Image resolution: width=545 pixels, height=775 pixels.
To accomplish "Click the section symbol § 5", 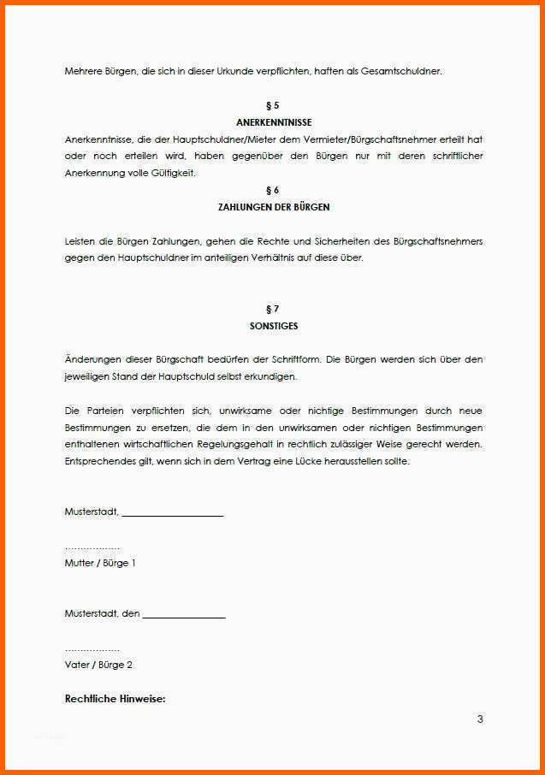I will (x=273, y=105).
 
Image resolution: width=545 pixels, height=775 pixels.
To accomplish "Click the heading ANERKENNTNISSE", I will (x=273, y=122).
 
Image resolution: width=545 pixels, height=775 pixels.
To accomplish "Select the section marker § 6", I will (x=273, y=190).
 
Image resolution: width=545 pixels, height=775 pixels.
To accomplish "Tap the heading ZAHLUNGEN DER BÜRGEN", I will (x=273, y=207).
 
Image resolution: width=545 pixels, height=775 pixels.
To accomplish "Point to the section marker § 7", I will (x=273, y=309).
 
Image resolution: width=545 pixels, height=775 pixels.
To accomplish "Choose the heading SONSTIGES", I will (x=273, y=326).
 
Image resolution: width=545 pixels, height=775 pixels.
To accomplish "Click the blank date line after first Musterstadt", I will (x=172, y=514).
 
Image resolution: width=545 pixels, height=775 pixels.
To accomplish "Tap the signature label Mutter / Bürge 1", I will (x=100, y=563).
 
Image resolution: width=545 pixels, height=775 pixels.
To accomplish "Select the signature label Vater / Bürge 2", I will (x=98, y=665).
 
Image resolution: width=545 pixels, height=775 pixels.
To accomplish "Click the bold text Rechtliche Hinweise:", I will (x=115, y=699).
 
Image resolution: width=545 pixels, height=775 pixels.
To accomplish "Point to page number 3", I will (x=480, y=719).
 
